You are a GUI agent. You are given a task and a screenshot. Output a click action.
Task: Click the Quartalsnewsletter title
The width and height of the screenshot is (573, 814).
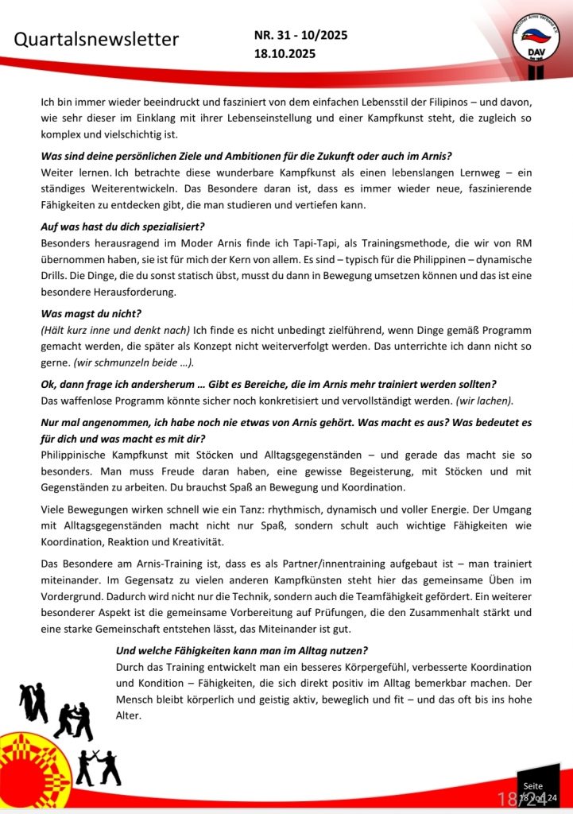tap(98, 40)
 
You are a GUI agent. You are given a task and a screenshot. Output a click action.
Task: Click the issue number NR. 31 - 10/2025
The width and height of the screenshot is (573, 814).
tap(301, 35)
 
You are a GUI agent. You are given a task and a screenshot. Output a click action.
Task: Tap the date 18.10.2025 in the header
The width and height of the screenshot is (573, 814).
tap(285, 54)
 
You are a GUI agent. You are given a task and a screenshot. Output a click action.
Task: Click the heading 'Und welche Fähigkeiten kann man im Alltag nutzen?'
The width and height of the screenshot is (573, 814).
tap(242, 649)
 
